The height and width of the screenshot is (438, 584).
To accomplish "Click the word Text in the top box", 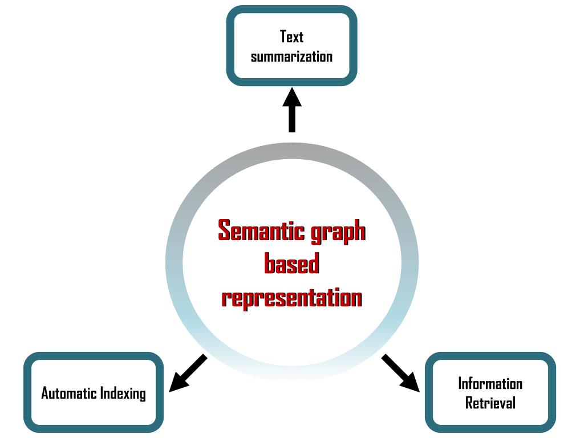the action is pyautogui.click(x=291, y=36).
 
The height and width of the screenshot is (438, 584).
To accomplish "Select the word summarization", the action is pyautogui.click(x=291, y=56).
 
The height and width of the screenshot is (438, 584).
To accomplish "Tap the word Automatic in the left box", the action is pyautogui.click(x=68, y=393).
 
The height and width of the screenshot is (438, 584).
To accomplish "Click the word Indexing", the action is pyautogui.click(x=123, y=394).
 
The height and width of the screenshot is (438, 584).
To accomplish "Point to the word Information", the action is pyautogui.click(x=490, y=384).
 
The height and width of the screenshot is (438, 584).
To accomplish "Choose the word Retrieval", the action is pyautogui.click(x=490, y=403).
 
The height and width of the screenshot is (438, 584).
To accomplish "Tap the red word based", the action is pyautogui.click(x=291, y=263).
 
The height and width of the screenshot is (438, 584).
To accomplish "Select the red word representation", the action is pyautogui.click(x=291, y=298).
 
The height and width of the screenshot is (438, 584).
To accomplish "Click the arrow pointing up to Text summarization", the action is pyautogui.click(x=292, y=110).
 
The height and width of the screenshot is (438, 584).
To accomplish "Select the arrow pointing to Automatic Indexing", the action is pyautogui.click(x=188, y=373).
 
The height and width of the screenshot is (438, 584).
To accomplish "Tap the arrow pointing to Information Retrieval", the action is pyautogui.click(x=401, y=373).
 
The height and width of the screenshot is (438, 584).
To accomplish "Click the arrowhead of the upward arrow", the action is pyautogui.click(x=292, y=98).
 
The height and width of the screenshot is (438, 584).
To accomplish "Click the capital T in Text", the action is pyautogui.click(x=284, y=36).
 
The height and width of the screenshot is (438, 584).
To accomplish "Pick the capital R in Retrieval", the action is pyautogui.click(x=469, y=403).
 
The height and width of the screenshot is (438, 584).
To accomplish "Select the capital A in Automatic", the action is pyautogui.click(x=46, y=393).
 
